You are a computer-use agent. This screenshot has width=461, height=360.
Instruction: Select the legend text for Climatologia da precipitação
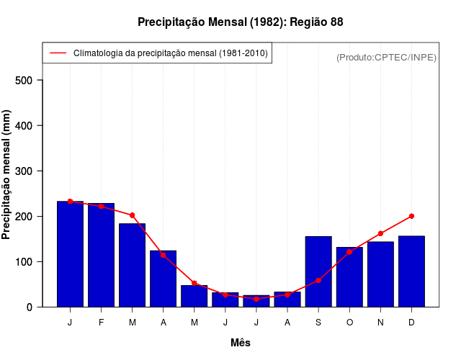(x=171, y=53)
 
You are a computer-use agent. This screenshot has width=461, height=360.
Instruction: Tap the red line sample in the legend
(x=58, y=53)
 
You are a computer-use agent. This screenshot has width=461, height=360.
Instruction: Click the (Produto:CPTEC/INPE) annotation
(x=386, y=57)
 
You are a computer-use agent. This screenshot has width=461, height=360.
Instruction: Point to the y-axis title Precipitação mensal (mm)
(x=7, y=174)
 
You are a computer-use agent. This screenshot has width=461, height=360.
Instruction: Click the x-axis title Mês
(x=241, y=343)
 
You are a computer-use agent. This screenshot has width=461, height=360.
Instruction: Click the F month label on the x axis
(x=101, y=323)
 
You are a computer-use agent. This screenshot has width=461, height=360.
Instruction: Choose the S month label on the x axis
(x=318, y=323)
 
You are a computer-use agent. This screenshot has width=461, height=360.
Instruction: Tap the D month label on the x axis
(x=411, y=323)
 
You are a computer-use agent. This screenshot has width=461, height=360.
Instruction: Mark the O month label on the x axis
(x=349, y=323)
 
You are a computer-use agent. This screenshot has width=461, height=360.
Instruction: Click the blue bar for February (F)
(x=101, y=256)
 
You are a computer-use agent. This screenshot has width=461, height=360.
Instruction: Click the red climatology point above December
(x=411, y=216)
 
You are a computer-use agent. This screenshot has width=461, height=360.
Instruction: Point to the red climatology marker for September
(x=318, y=280)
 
